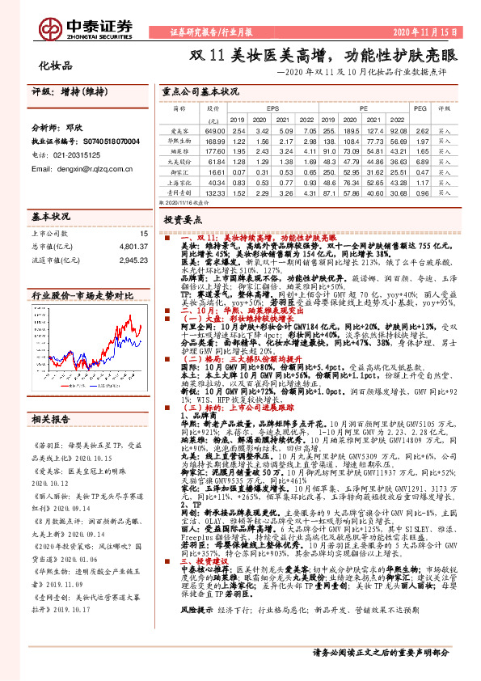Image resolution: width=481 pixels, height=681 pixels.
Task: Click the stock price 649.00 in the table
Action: point(214,130)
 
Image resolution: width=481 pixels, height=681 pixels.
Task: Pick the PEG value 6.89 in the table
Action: point(421,162)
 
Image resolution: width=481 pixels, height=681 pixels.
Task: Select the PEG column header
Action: point(420,107)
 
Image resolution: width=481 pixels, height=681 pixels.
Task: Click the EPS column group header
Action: point(272,107)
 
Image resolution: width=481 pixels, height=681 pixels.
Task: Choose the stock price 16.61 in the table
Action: point(214,172)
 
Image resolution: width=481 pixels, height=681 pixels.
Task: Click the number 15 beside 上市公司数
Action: point(145,234)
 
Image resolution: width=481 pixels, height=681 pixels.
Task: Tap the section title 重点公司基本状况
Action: point(200,91)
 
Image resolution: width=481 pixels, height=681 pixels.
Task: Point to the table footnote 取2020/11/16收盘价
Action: point(184,204)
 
